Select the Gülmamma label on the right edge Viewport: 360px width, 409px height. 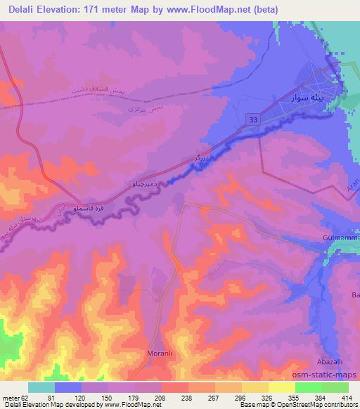click(340, 238)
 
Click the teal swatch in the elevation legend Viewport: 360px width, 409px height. click(41, 387)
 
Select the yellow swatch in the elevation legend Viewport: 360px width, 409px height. click(282, 387)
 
